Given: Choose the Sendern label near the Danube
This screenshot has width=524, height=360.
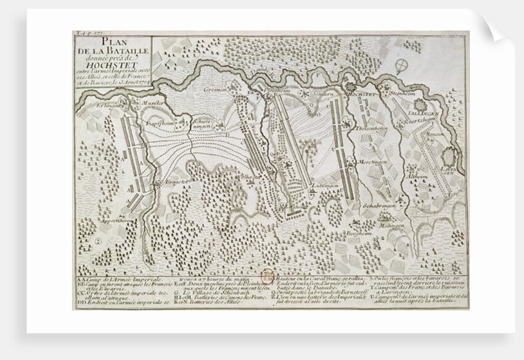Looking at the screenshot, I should pos(323,94).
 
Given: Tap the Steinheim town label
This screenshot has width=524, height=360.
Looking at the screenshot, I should pos(403,94).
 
